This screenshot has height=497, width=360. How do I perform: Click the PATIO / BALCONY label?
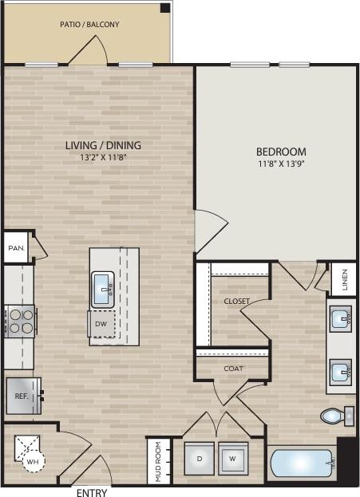(x=89, y=25)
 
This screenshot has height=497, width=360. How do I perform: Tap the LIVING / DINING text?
(x=103, y=145)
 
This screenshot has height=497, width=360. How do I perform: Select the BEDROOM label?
(x=281, y=152)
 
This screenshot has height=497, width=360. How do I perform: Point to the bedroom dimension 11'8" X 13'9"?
(x=281, y=164)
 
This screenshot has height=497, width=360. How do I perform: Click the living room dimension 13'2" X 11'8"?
(x=103, y=158)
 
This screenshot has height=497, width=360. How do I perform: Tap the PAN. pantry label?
(x=16, y=248)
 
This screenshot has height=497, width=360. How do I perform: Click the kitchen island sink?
(x=102, y=289)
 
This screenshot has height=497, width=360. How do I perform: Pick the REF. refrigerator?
(x=20, y=396)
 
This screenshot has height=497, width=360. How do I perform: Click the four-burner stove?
(x=20, y=321)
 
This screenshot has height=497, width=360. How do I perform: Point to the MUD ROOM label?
(x=158, y=462)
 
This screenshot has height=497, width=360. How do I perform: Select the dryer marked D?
(x=199, y=459)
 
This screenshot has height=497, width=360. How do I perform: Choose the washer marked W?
(x=233, y=459)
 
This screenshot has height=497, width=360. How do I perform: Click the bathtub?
(x=302, y=463)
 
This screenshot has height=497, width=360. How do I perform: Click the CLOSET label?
(x=236, y=302)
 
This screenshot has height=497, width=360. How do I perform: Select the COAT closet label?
(x=233, y=369)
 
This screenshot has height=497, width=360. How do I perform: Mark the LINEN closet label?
(x=344, y=278)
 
